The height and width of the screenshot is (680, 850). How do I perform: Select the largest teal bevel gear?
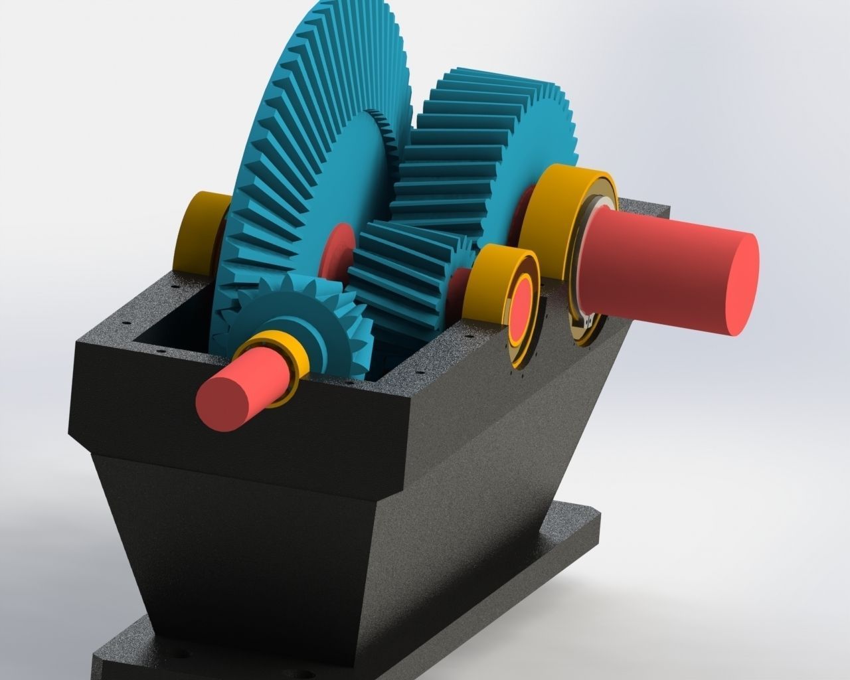(x=305, y=146)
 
